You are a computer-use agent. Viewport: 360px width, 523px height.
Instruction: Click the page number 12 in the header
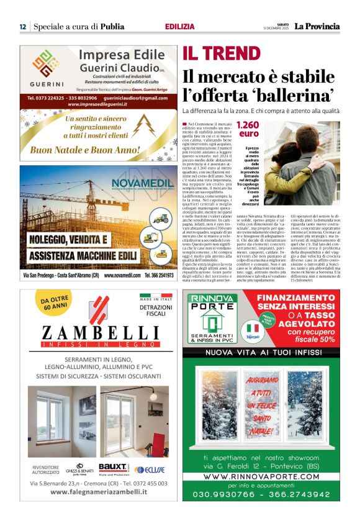tap(22, 27)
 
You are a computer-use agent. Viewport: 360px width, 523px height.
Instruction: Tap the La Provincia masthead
tap(317, 26)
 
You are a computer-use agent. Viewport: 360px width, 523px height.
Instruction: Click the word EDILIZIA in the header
tap(179, 27)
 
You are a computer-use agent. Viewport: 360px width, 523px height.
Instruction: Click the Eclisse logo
tap(150, 469)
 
